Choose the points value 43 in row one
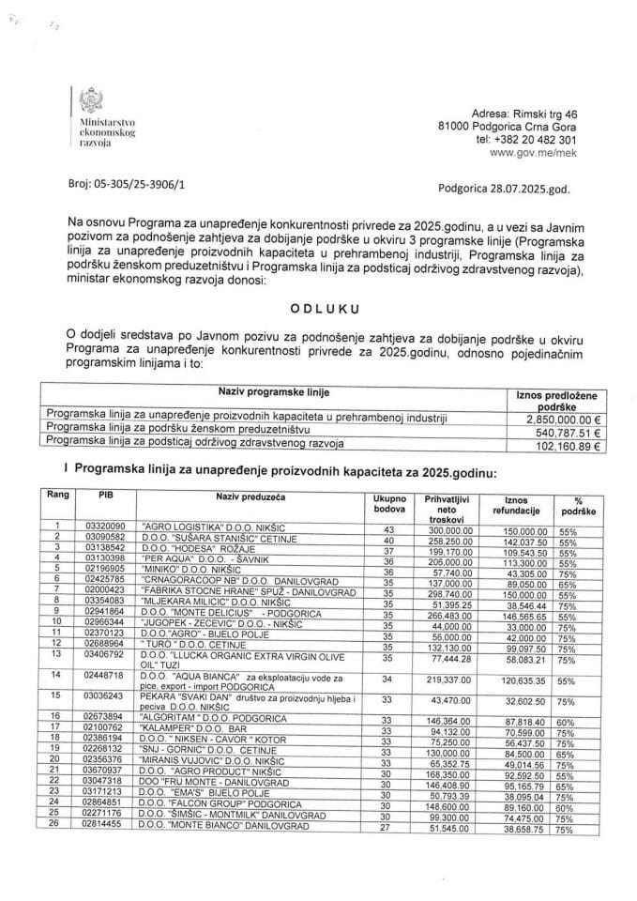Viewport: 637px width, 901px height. (375, 529)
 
